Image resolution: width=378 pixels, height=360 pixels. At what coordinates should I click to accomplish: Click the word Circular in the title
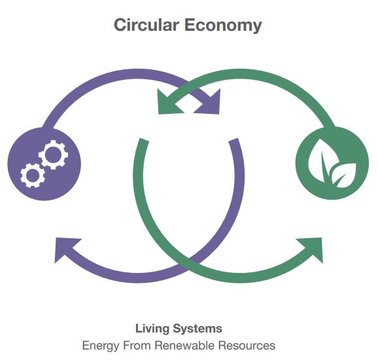pyautogui.click(x=146, y=25)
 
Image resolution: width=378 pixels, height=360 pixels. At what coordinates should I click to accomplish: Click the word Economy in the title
pyautogui.click(x=223, y=26)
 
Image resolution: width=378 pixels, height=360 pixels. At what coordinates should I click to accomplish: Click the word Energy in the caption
pyautogui.click(x=101, y=346)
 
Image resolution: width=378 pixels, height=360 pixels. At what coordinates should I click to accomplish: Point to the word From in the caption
pyautogui.click(x=137, y=346)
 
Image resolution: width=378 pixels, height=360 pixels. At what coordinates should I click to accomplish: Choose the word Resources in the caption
pyautogui.click(x=247, y=346)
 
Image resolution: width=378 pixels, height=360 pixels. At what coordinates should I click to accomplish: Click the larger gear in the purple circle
pyautogui.click(x=53, y=154)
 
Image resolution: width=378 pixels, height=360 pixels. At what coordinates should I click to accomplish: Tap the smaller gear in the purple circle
pyautogui.click(x=33, y=175)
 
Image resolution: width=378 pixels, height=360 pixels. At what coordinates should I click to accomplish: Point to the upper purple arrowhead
pyautogui.click(x=209, y=102)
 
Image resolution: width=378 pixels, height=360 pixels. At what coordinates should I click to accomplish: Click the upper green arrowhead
pyautogui.click(x=169, y=102)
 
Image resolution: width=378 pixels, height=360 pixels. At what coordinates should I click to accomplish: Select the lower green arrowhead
pyautogui.click(x=311, y=249)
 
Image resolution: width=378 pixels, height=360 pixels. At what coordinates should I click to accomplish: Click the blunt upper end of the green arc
pyautogui.click(x=144, y=141)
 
